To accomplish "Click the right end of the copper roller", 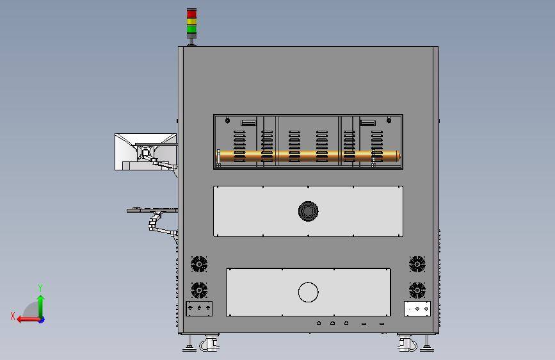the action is coord(396,155).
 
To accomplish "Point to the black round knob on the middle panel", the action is coord(308,211).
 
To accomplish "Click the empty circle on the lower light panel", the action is coord(308,292).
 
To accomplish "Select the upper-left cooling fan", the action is coord(199,263).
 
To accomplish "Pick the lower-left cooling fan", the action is coord(199,289).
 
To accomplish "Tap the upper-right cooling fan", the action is coord(417,263).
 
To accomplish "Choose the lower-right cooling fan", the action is coord(417,289).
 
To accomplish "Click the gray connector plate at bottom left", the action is coord(198,309).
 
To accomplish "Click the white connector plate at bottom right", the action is coord(417,309).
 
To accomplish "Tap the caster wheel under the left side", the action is coord(209,345).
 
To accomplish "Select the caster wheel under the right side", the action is coord(406,345).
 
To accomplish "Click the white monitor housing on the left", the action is coord(145,152).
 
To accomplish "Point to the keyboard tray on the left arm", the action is coord(152,209).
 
